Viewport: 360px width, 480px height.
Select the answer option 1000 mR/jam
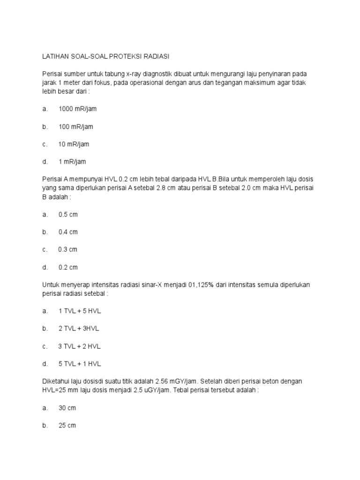[77, 109]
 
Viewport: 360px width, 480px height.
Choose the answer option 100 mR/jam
[76, 127]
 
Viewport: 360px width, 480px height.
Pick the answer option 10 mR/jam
[74, 144]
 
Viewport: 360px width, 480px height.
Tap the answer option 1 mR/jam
[72, 162]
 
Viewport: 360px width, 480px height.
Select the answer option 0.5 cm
[68, 214]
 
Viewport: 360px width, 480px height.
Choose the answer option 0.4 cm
[68, 232]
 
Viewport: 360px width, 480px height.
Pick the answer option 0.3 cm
[67, 249]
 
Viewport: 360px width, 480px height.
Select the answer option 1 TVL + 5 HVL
[80, 311]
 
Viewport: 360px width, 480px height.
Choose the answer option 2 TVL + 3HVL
[79, 329]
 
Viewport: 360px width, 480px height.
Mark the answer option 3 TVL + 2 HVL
[79, 346]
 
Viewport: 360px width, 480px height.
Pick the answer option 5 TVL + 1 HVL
[80, 364]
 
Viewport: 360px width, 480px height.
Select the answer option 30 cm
[67, 408]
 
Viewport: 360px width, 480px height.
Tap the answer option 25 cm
[67, 426]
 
